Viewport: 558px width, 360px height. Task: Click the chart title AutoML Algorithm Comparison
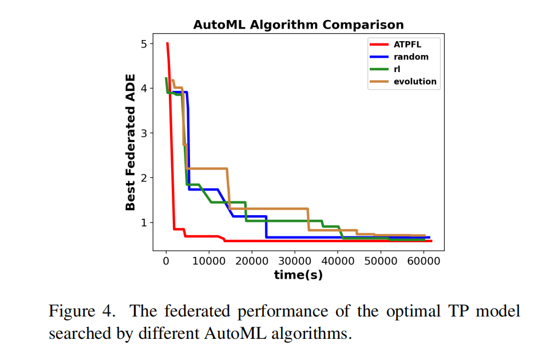coord(298,25)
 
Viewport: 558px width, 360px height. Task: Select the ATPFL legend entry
coord(407,44)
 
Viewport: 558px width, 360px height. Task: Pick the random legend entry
coord(410,57)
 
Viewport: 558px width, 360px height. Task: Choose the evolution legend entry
coord(414,81)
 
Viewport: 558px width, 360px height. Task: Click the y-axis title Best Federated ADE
coord(131,142)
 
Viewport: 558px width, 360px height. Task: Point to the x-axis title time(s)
coord(298,275)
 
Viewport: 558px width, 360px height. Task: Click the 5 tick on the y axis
coord(144,44)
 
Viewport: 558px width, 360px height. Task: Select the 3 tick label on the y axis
coord(144,133)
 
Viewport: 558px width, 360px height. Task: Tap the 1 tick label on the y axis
coord(144,223)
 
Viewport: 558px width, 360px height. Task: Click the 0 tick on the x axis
coord(166,261)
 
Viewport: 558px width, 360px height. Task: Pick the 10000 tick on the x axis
coord(209,261)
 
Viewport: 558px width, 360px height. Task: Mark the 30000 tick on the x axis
coord(294,261)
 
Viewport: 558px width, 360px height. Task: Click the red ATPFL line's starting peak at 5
coord(167,43)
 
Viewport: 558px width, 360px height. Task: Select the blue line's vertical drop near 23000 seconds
coord(266,227)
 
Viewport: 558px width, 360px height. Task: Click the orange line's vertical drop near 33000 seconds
coord(308,219)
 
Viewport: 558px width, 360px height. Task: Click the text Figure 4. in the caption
coord(84,311)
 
